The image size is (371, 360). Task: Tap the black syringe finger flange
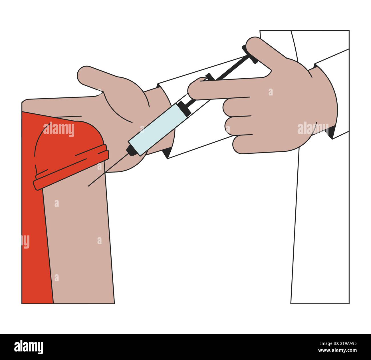tap(210, 77)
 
